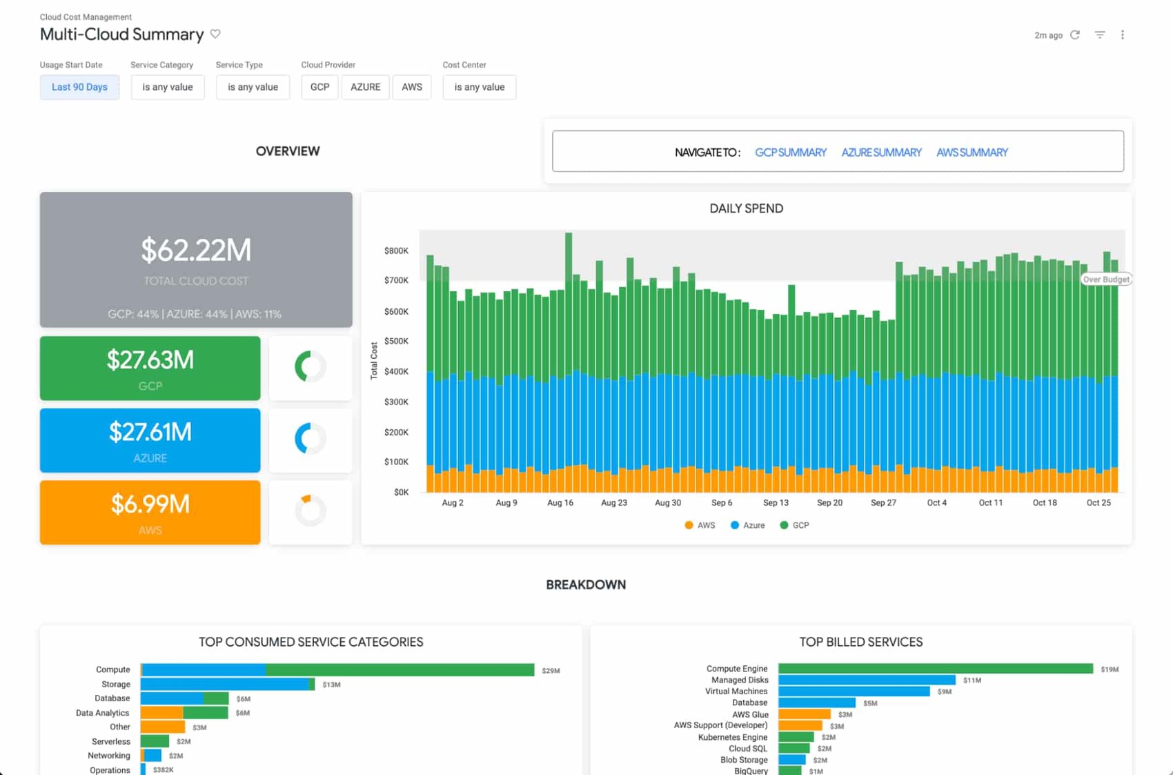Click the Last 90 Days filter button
point(79,87)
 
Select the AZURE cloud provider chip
point(365,87)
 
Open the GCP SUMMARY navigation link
point(791,153)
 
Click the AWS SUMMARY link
point(972,153)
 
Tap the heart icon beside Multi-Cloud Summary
point(215,34)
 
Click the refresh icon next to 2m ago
point(1075,35)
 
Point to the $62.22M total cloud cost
point(196,251)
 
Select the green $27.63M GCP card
point(150,368)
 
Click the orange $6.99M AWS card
point(150,512)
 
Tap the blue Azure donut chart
point(310,439)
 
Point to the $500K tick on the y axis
point(396,341)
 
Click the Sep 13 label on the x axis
point(776,502)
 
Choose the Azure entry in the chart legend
point(748,525)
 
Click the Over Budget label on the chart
point(1105,279)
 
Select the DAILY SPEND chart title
point(746,208)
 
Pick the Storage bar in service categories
point(227,684)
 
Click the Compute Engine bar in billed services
point(935,669)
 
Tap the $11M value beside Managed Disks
point(972,680)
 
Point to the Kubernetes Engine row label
point(732,737)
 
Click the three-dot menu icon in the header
point(1123,35)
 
